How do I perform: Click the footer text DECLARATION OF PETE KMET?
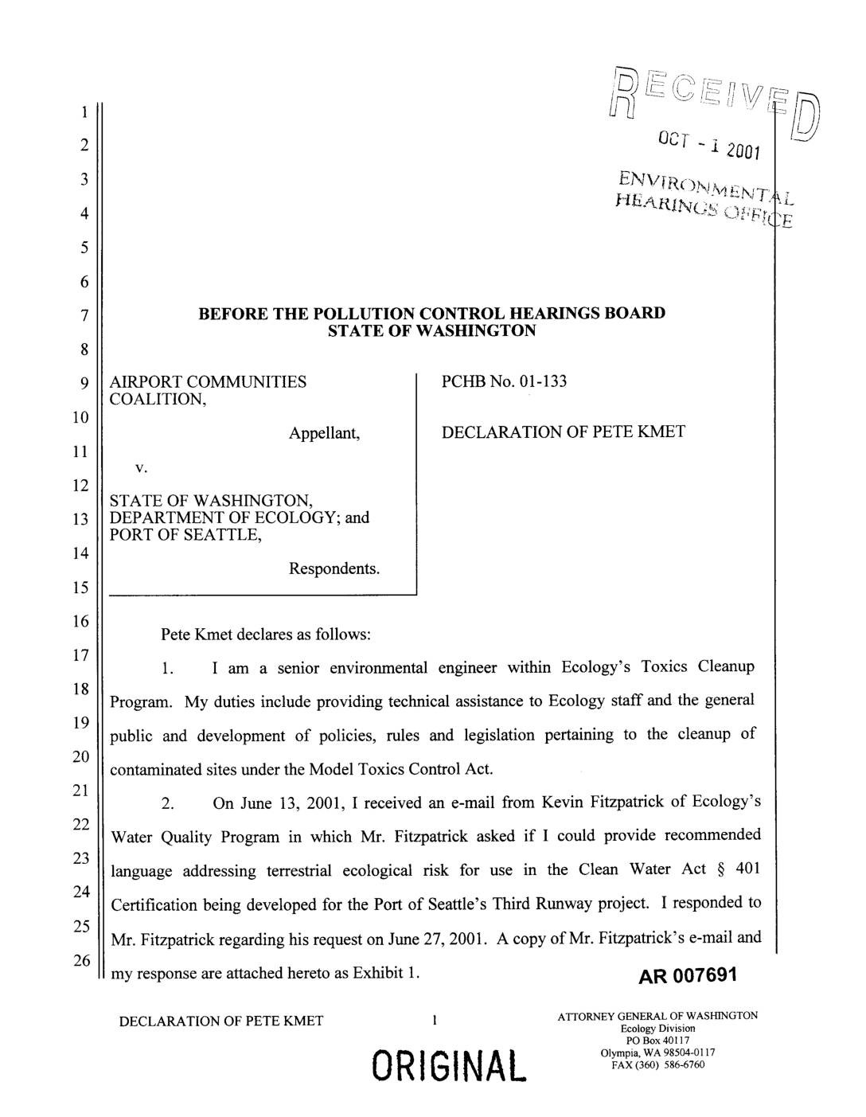(221, 1021)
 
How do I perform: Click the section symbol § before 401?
(721, 869)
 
